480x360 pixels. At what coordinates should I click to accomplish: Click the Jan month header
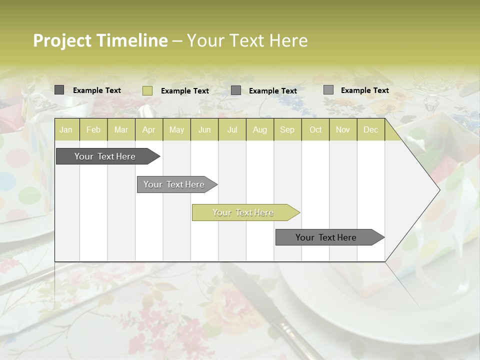point(66,130)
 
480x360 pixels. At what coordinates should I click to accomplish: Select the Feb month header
point(93,130)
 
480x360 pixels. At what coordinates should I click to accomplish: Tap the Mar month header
point(121,130)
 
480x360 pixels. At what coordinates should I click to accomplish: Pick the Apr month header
point(149,130)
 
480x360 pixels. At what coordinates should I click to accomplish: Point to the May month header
point(176,130)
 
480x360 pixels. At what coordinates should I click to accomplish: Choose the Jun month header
point(204,130)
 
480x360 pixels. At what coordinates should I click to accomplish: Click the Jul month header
point(232,130)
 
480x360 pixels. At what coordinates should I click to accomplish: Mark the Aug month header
point(260,130)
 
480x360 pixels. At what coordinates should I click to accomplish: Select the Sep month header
point(287,130)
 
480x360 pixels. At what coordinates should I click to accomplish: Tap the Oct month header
point(315,130)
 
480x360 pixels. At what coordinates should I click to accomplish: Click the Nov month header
point(343,130)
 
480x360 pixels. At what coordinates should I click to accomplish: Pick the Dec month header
point(371,130)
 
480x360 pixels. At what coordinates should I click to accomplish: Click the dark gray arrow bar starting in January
point(105,156)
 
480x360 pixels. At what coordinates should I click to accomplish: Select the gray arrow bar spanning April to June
point(174,184)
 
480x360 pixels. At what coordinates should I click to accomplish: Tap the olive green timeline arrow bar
point(243,212)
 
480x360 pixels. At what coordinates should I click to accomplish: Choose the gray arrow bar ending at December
point(326,237)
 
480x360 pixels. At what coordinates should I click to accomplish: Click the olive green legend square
point(147,90)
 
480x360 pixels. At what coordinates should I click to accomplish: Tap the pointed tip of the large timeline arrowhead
point(439,190)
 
